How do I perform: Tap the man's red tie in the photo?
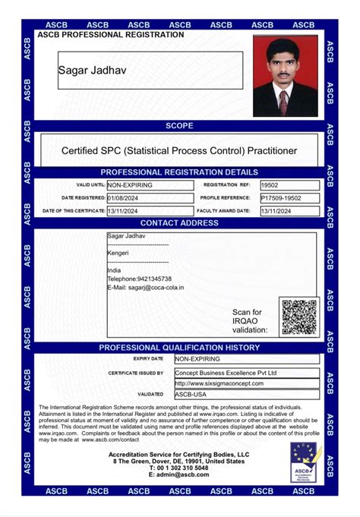284,100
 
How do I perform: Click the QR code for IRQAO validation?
299,317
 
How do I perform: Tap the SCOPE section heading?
179,125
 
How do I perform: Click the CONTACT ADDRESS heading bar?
179,223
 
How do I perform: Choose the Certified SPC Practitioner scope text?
179,151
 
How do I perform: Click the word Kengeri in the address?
118,252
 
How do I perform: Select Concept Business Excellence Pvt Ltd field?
226,373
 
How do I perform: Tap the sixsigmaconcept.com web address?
214,383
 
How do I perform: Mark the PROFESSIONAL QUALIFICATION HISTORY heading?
179,348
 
